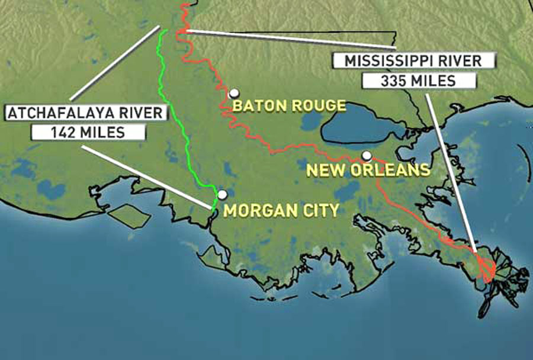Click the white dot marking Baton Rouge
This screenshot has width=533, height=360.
click(x=234, y=93)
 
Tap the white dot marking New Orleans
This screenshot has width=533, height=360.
click(x=367, y=156)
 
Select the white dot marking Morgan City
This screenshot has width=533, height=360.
click(x=222, y=194)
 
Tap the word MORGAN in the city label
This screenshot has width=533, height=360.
click(x=256, y=210)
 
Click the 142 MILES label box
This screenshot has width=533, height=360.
click(x=88, y=132)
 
